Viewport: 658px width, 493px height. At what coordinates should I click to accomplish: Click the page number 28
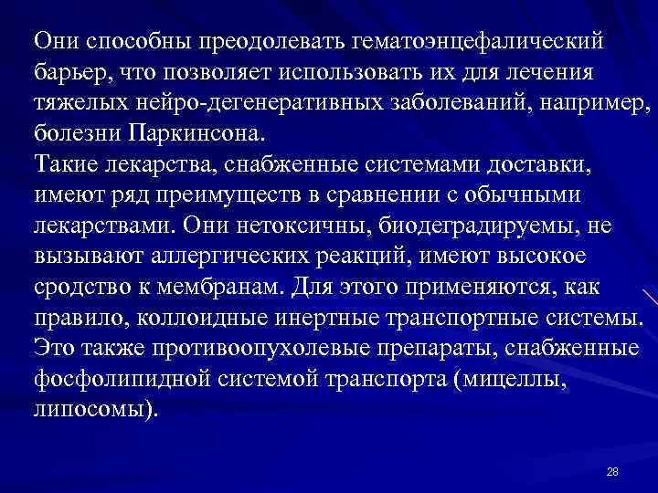click(612, 471)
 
